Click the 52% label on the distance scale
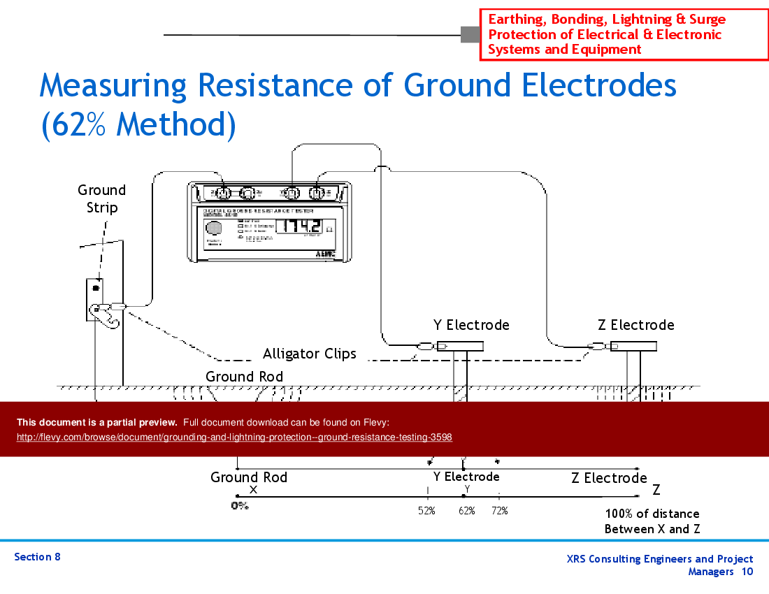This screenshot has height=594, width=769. point(427,511)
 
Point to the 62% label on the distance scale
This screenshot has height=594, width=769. point(467,511)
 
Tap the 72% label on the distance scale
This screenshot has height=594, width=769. point(499,511)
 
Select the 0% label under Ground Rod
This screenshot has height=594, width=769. point(240,505)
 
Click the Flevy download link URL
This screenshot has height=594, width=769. point(234,437)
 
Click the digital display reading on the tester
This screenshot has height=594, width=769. point(299,226)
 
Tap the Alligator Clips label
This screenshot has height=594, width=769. point(310,354)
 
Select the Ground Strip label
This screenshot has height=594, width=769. point(102,198)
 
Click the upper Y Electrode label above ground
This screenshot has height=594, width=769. point(471,325)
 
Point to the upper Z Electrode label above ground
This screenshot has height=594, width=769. point(636,325)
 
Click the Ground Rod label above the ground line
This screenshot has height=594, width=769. point(245,377)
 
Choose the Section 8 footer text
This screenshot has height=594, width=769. point(38,557)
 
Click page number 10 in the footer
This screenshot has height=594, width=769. point(747,572)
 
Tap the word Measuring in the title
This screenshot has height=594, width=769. point(113,86)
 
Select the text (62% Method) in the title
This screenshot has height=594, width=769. point(138,124)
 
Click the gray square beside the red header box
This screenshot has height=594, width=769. point(469,34)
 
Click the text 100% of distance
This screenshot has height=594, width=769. point(652,514)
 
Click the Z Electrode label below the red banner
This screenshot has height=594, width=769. point(609,478)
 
